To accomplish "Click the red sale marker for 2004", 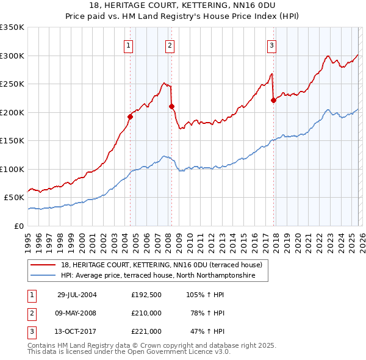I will [x=130, y=117].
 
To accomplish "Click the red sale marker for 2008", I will [x=171, y=106].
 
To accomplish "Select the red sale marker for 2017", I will [x=273, y=101].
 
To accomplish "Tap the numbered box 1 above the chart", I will [x=129, y=45].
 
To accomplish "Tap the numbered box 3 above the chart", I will [x=271, y=45].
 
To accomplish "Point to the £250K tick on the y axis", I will [x=13, y=84].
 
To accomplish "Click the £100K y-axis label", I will [x=13, y=169].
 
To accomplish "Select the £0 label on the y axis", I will [x=18, y=226].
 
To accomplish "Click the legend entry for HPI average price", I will [x=164, y=276].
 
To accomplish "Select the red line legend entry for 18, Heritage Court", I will [x=161, y=265].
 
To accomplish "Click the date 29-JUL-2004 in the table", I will [x=77, y=294].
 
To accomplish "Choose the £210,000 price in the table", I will [x=146, y=313].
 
